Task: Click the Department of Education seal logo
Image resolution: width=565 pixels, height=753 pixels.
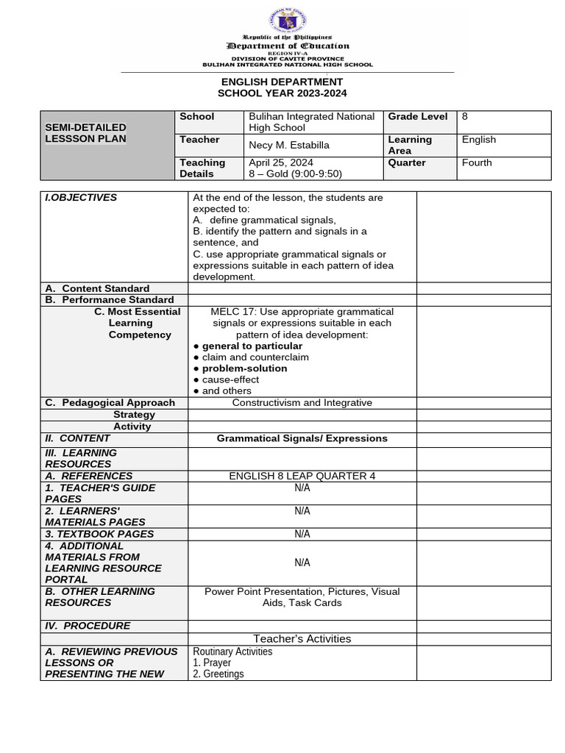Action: pos(287,20)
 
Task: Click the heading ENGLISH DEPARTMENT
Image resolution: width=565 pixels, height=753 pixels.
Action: pos(282,82)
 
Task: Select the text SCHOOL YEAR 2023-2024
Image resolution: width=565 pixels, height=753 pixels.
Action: pos(282,93)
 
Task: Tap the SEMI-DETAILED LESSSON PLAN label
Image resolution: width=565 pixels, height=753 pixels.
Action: pos(85,133)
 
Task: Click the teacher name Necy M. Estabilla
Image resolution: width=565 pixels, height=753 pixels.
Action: pos(289,145)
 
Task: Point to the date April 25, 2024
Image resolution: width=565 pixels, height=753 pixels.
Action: pos(280,163)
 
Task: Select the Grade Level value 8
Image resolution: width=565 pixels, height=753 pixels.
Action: pos(465,116)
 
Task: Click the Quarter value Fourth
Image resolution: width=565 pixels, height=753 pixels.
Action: pos(477,163)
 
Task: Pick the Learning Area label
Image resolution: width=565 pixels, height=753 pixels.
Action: pos(410,145)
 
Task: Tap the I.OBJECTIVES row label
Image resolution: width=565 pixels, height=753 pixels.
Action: pos(81,197)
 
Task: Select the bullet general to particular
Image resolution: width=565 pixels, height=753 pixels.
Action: pos(252,346)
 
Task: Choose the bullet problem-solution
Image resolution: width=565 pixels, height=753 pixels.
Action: pos(244,368)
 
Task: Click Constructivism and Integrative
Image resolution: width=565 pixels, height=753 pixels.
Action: pos(302,402)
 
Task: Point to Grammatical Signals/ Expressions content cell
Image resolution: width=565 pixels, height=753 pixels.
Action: pos(302,438)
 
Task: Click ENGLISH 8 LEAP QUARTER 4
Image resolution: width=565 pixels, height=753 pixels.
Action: pos(302,476)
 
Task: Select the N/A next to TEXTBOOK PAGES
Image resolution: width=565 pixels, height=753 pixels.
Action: pos(302,534)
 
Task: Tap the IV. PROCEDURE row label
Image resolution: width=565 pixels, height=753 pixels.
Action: pos(88,626)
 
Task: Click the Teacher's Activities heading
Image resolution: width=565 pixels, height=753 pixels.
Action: pos(302,639)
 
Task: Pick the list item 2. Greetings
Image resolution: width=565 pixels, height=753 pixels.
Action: pos(218,674)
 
